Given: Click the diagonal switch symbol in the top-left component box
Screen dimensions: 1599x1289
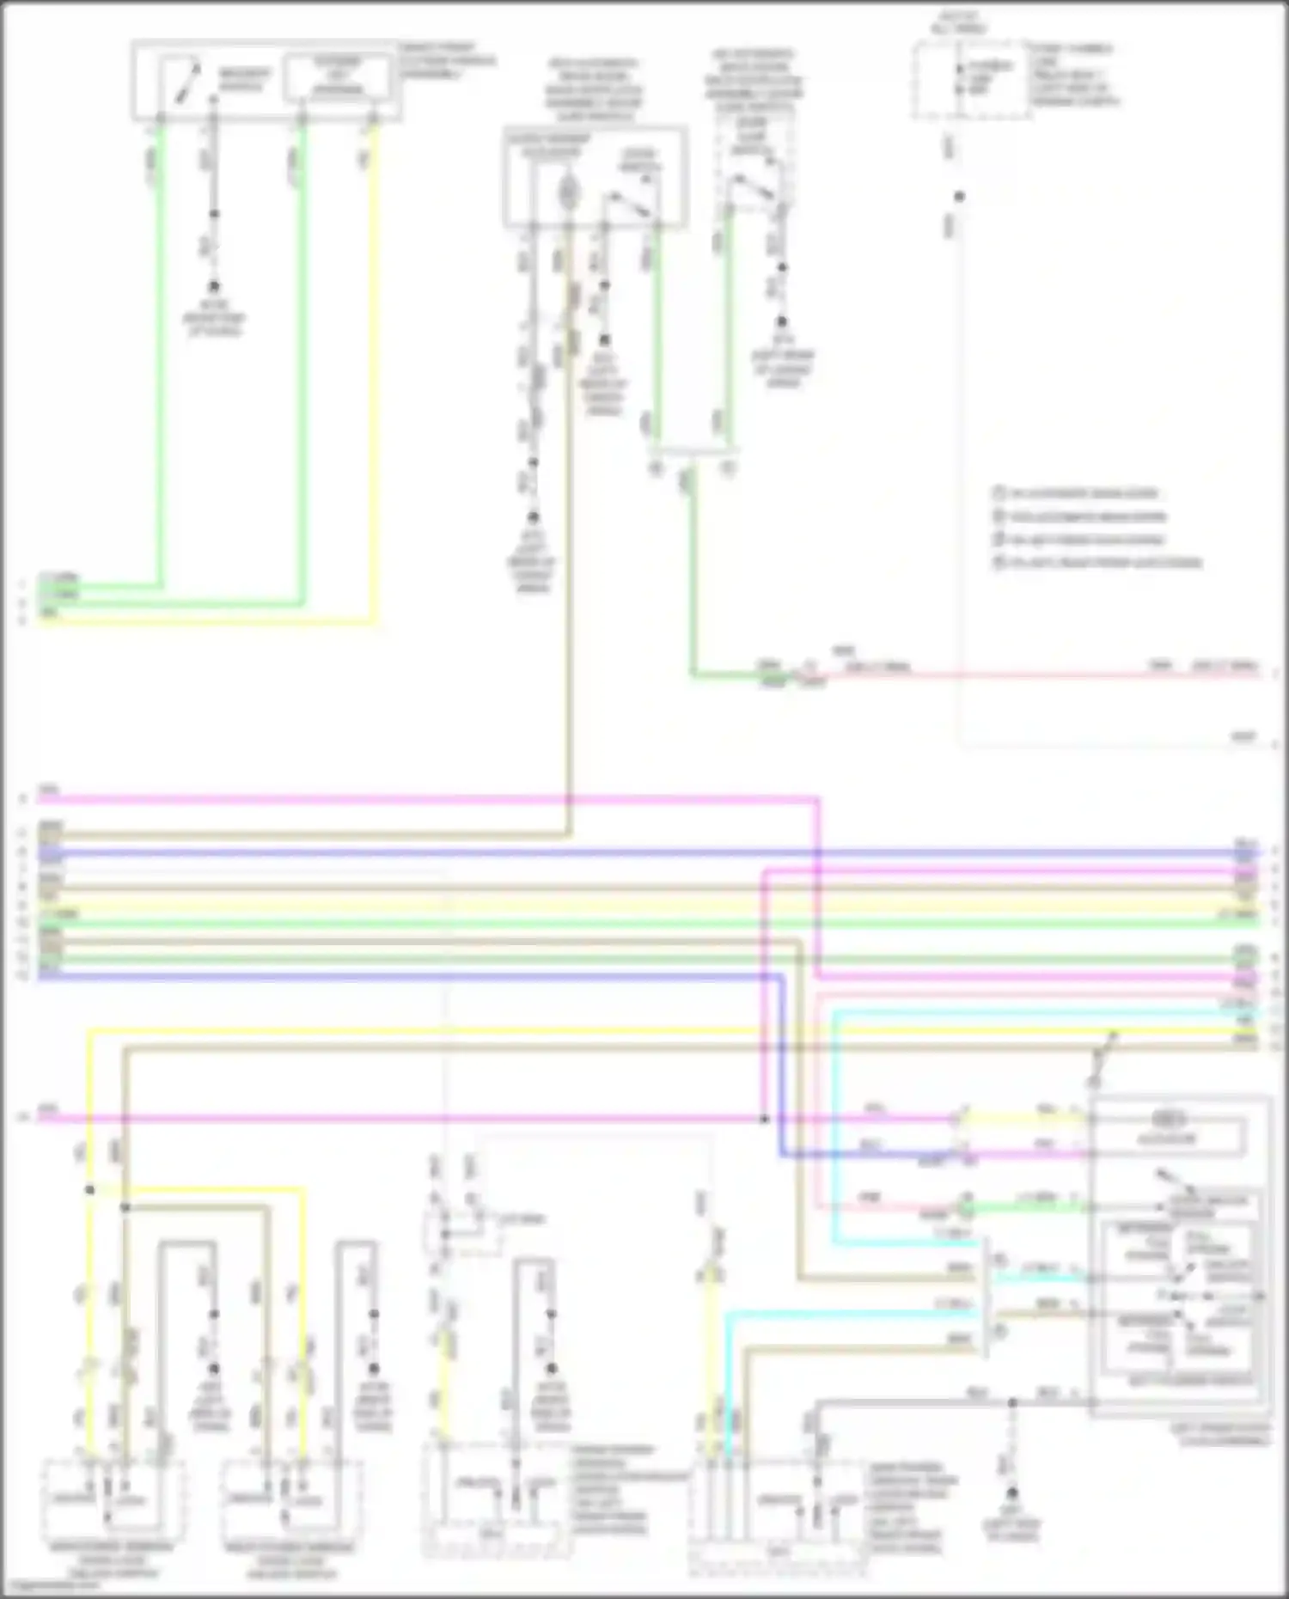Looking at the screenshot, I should (187, 82).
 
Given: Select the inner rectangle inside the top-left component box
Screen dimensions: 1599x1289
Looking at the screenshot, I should (337, 77).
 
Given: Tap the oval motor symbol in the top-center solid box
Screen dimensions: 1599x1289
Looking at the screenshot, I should (568, 190).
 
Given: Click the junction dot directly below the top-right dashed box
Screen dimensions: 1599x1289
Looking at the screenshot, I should (959, 197).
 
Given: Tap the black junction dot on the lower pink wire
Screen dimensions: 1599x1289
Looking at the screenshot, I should (764, 1120).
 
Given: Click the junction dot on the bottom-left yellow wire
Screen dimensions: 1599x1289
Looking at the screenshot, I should (89, 1190).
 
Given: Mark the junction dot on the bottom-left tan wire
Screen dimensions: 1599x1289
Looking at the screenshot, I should (125, 1207).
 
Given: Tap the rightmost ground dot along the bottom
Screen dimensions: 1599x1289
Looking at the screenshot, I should (1012, 1493).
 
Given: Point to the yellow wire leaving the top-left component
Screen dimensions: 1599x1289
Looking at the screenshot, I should (374, 369).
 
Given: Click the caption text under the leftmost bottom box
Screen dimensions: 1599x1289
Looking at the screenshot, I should (112, 1559).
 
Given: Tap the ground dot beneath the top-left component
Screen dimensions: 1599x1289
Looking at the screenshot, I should (214, 286).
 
